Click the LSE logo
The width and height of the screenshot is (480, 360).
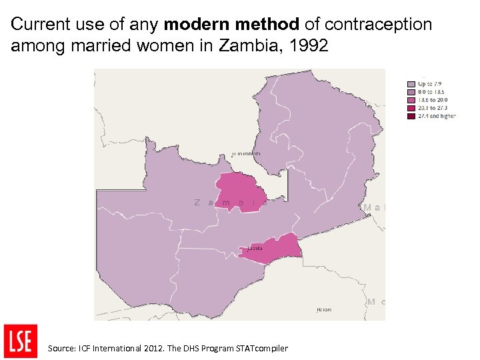(20, 341)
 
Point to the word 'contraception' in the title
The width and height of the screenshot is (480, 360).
(378, 25)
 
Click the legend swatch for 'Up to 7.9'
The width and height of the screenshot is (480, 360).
(411, 84)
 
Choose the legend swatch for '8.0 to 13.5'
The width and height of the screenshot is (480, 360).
(411, 92)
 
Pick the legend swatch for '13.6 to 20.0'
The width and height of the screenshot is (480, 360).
(411, 100)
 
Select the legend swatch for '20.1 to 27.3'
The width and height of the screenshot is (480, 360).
(411, 108)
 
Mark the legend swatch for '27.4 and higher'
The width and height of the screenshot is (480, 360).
(411, 116)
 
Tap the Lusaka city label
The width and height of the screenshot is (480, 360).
(255, 249)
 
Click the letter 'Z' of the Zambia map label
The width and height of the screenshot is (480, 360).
(197, 202)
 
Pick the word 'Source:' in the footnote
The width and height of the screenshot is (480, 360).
(61, 348)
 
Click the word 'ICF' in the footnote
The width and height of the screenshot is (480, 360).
(85, 348)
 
